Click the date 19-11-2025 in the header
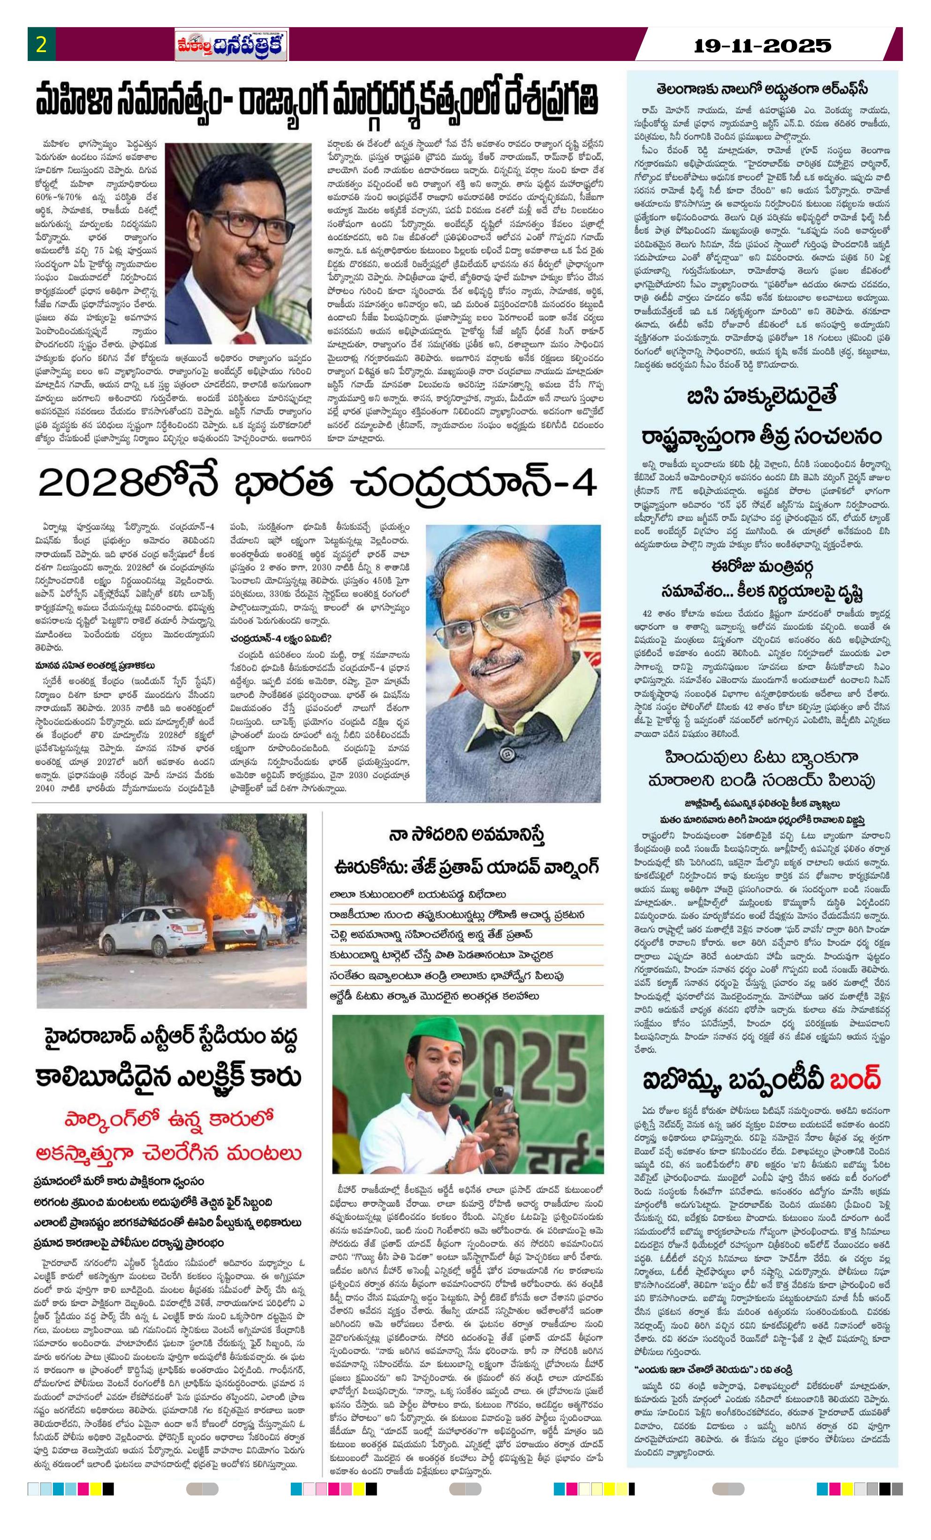point(763,45)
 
